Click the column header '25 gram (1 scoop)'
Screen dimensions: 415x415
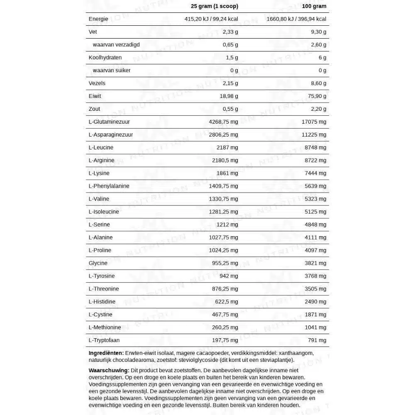coord(214,6)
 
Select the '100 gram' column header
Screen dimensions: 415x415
coord(314,6)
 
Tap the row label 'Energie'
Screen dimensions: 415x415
coord(98,19)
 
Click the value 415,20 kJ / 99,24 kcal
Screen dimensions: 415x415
coord(211,19)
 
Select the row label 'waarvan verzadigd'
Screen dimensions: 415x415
coord(116,45)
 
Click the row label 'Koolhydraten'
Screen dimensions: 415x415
coord(105,58)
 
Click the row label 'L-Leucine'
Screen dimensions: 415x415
coord(101,148)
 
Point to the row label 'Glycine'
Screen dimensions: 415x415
coord(98,263)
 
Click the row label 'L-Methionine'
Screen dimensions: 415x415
coord(105,327)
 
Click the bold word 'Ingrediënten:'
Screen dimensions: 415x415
coord(106,353)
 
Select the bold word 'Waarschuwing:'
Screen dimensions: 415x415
coord(109,371)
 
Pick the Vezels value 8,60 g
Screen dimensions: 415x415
coord(318,83)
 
